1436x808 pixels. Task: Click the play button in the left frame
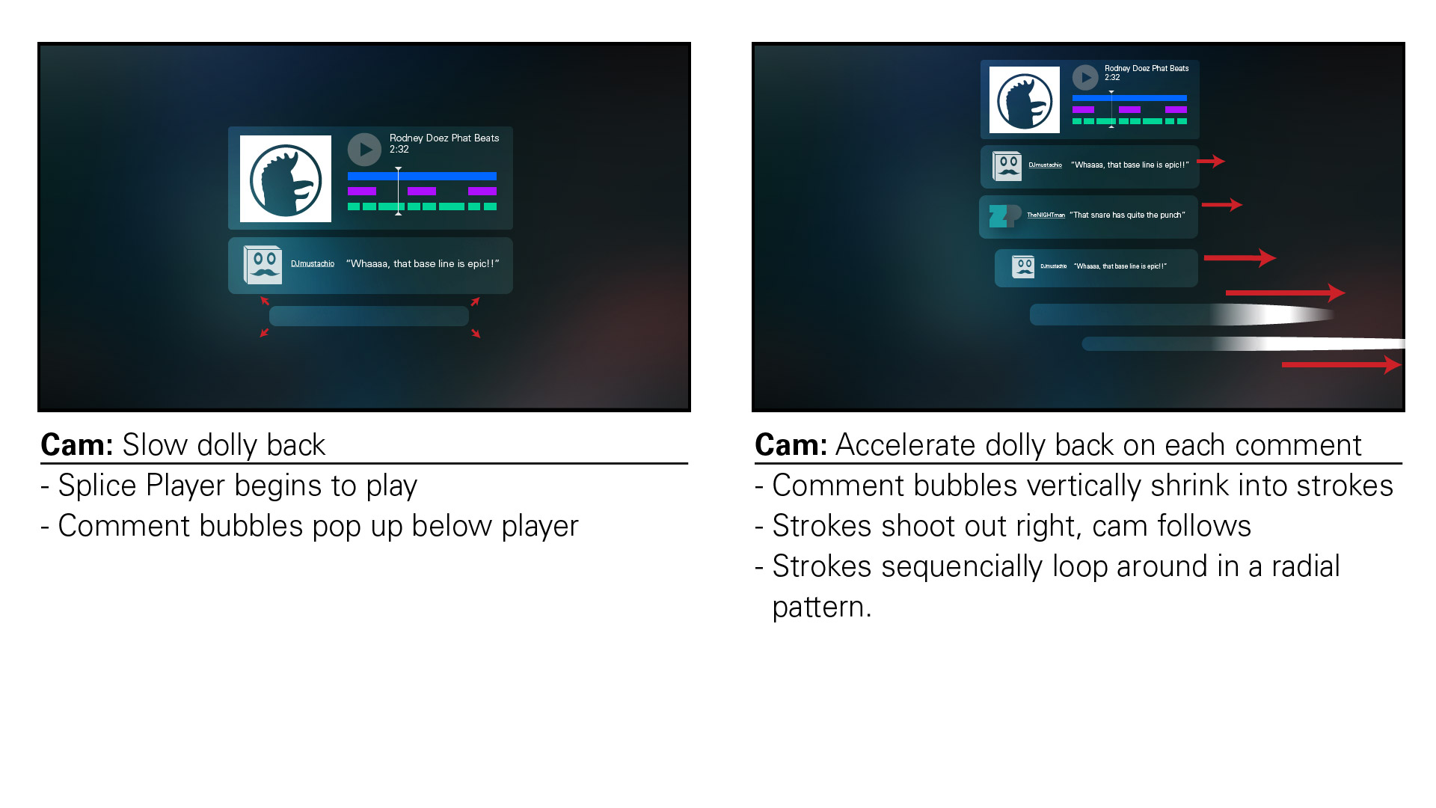364,150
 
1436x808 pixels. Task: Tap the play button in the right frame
1085,77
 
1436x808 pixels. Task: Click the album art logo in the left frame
286,179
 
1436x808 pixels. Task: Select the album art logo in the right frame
1025,100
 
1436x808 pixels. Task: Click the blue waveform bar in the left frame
422,177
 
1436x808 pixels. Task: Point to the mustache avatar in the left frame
263,265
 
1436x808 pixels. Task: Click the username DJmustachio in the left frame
313,264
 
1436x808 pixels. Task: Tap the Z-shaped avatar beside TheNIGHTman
1004,216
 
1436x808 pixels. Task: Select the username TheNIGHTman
1046,215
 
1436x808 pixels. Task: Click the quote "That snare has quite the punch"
1127,215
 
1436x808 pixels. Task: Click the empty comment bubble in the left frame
369,316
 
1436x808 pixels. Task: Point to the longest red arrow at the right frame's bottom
1341,365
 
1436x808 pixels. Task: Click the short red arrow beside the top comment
1211,161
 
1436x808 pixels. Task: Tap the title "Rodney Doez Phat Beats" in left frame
444,138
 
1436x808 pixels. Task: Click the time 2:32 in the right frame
1112,78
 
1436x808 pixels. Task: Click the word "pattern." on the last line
822,607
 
